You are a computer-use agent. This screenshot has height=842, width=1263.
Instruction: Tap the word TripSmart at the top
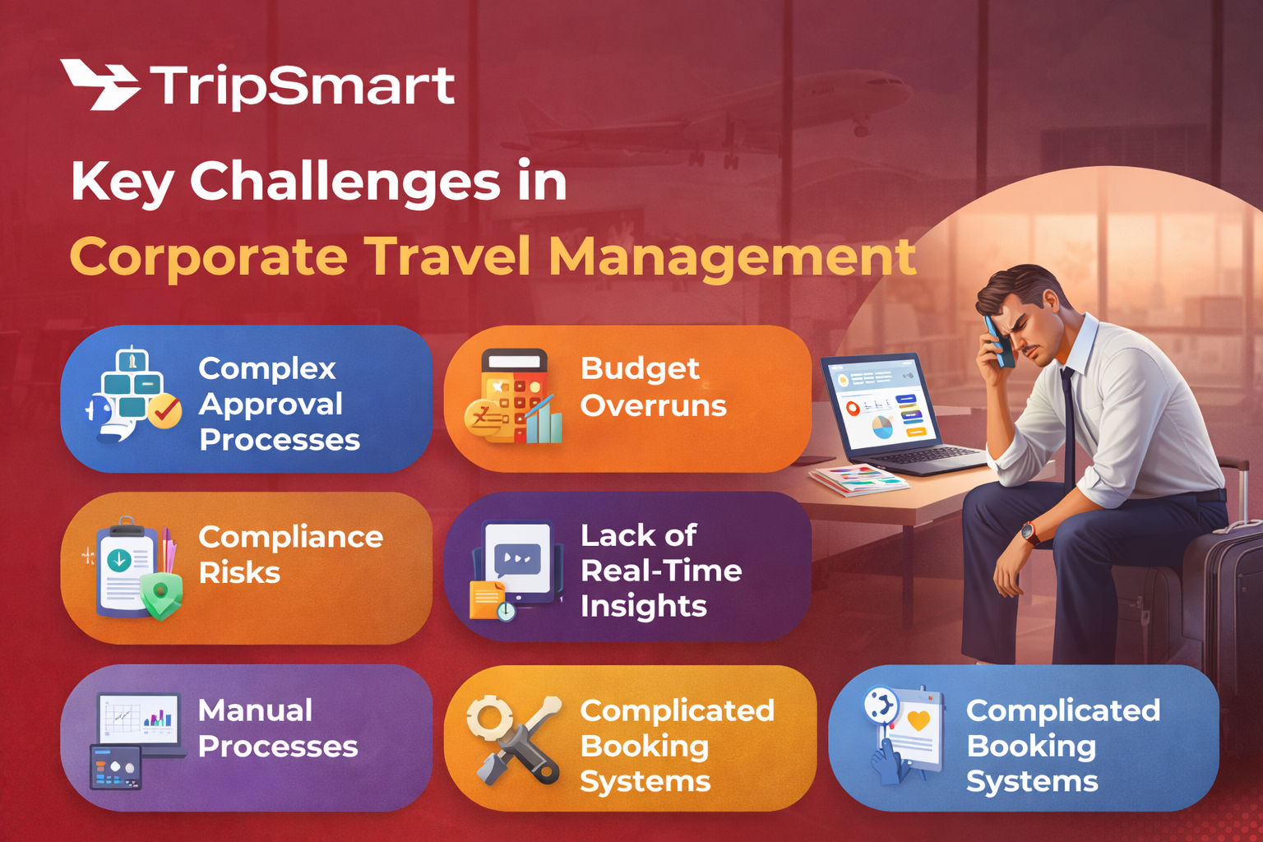click(x=302, y=86)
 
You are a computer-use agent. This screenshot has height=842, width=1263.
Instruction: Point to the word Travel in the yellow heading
click(x=449, y=257)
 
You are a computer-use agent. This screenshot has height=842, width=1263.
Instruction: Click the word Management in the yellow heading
click(x=732, y=257)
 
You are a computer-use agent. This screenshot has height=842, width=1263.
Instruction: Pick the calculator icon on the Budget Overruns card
click(x=515, y=396)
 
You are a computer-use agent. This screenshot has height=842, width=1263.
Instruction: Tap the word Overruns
click(x=653, y=405)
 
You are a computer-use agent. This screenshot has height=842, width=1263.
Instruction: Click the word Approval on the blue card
click(x=271, y=404)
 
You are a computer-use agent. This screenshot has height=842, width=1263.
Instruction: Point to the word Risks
click(x=239, y=572)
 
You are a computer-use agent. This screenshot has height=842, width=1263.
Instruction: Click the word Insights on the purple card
click(x=643, y=606)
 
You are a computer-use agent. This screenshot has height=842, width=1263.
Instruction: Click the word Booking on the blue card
click(x=1031, y=746)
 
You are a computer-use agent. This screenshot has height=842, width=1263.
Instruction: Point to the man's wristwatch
click(x=1029, y=533)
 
